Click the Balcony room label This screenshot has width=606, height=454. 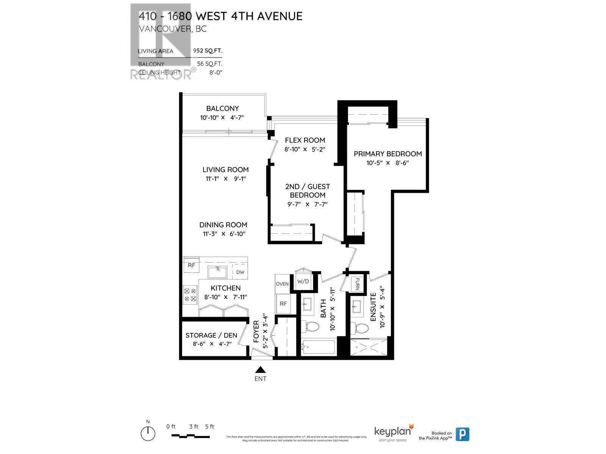point(222,108)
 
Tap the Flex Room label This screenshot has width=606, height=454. point(305,140)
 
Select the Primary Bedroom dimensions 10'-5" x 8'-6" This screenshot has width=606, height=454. point(387,163)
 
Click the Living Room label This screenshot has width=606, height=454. point(225,169)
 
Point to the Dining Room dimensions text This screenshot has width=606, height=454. point(224,234)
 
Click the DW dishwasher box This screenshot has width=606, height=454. point(240,272)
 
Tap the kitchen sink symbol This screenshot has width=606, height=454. point(217,272)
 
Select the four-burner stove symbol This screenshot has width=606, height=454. point(190,295)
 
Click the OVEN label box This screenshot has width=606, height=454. point(282,284)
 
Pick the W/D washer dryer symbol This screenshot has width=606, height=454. point(303,281)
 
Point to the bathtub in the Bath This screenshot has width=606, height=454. point(318,347)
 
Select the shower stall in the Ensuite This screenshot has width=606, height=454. point(369,347)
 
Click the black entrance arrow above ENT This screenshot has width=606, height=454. point(260,370)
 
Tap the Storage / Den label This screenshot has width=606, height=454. point(211,335)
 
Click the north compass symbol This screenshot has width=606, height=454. point(148,433)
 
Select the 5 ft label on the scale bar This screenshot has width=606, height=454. point(209,426)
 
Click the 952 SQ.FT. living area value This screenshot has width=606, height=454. point(208,50)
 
